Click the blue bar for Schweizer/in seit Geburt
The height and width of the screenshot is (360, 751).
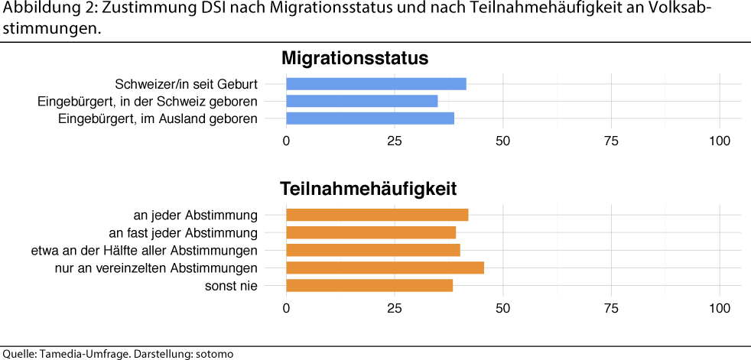[x=375, y=84]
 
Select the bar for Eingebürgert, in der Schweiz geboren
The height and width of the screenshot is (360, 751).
[x=362, y=101]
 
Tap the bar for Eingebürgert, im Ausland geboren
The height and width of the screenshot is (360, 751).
[x=370, y=118]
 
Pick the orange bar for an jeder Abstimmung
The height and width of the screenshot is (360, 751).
[x=377, y=216]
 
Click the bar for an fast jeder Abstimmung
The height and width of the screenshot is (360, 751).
[x=371, y=232]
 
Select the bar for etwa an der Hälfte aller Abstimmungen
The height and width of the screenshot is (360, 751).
[x=373, y=250]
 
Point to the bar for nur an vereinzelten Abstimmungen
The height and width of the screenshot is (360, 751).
[x=385, y=268]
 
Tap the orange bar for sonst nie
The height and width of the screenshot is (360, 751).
[x=369, y=285]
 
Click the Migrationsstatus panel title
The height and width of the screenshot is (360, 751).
[x=354, y=58]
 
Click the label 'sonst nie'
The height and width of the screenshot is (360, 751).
[x=231, y=286]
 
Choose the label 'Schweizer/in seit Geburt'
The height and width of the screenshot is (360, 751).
[x=186, y=84]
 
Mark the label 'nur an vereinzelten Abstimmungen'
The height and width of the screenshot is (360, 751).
[x=156, y=268]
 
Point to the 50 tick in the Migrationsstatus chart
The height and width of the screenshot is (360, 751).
[x=503, y=141]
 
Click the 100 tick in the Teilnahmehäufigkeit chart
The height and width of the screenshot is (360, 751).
[x=720, y=308]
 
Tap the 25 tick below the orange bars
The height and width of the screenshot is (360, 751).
[x=395, y=308]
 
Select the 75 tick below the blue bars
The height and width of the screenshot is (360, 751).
[x=611, y=141]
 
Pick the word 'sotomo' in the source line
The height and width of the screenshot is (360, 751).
[x=215, y=354]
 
